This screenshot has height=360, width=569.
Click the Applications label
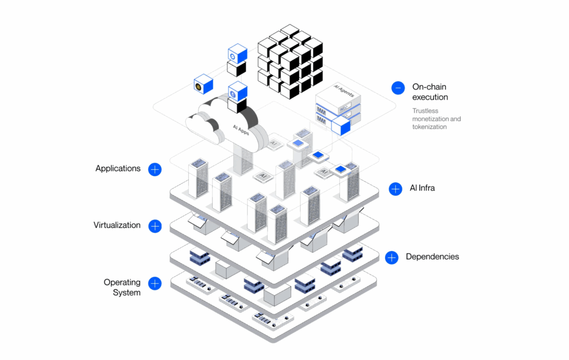click(x=118, y=168)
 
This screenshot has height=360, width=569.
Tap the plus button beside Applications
click(x=154, y=169)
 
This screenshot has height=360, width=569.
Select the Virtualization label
click(x=117, y=225)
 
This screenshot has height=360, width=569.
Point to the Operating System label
click(x=122, y=287)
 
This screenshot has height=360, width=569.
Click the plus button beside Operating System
click(x=154, y=283)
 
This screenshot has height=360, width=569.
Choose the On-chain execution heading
click(x=430, y=92)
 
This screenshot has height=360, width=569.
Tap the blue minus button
click(x=398, y=88)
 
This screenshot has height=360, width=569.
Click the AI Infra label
click(x=422, y=188)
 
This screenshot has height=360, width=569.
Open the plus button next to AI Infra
click(x=396, y=189)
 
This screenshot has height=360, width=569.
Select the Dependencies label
click(x=432, y=257)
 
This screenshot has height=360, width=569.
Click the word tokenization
click(x=430, y=127)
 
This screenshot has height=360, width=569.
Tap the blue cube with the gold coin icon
click(x=203, y=85)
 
